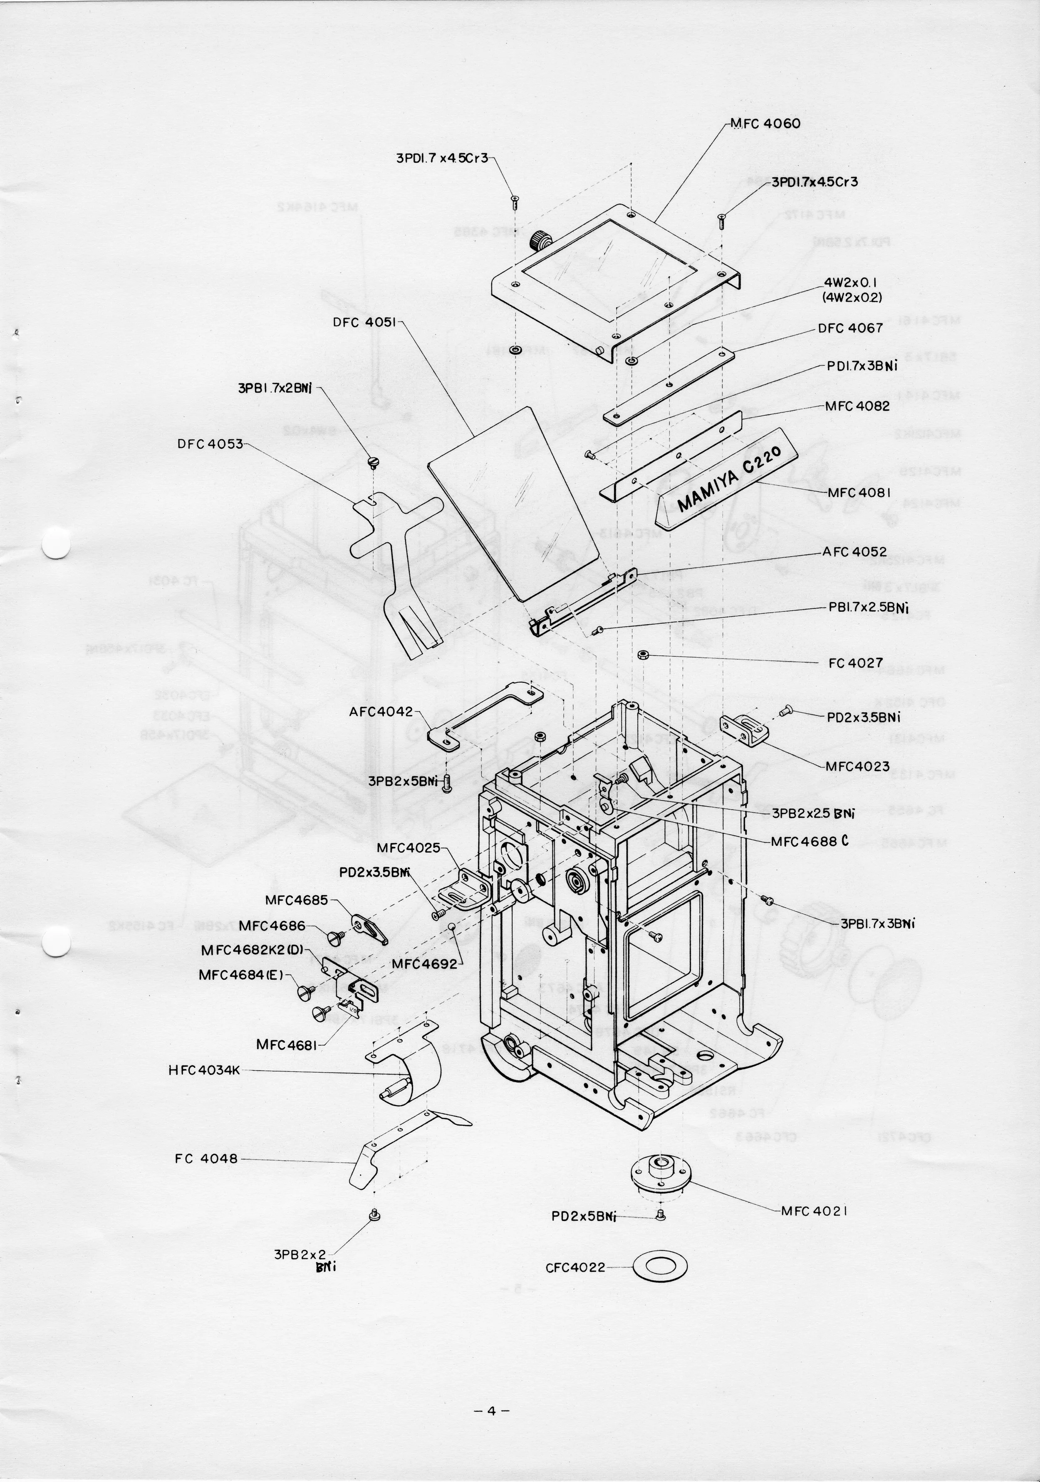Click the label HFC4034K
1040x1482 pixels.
pos(204,1071)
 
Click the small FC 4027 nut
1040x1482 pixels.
pos(643,656)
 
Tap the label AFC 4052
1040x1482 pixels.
pos(854,552)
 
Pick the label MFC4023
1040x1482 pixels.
pos(857,766)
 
